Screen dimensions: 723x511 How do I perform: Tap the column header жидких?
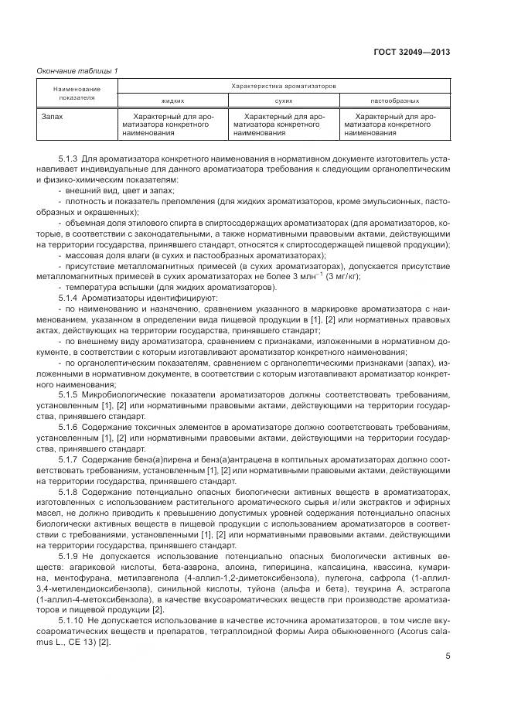(x=172, y=101)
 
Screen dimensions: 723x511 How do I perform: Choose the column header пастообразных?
(x=394, y=101)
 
